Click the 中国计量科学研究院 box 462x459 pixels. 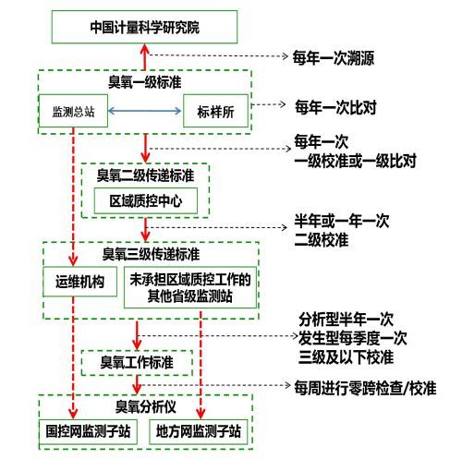pyautogui.click(x=144, y=27)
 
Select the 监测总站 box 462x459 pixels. pyautogui.click(x=73, y=111)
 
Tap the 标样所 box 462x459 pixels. pyautogui.click(x=215, y=111)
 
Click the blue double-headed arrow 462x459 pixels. pyautogui.click(x=144, y=111)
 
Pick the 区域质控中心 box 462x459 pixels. pyautogui.click(x=146, y=201)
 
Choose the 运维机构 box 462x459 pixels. pyautogui.click(x=79, y=282)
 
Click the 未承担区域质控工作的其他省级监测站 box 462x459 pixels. pyautogui.click(x=190, y=287)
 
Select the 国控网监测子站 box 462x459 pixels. pyautogui.click(x=88, y=431)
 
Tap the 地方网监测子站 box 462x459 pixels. pyautogui.click(x=199, y=431)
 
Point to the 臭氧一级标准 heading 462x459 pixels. pyautogui.click(x=144, y=82)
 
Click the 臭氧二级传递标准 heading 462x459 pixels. pyautogui.click(x=145, y=175)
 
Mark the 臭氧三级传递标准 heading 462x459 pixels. pyautogui.click(x=151, y=254)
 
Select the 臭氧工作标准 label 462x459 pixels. pyautogui.click(x=137, y=362)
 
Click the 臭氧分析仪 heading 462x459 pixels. pyautogui.click(x=145, y=406)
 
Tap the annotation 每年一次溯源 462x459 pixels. pyautogui.click(x=334, y=57)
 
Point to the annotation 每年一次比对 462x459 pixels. pyautogui.click(x=335, y=107)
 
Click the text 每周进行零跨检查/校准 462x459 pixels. pyautogui.click(x=365, y=388)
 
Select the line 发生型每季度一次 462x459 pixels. pyautogui.click(x=353, y=338)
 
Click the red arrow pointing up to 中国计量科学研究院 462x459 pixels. pyautogui.click(x=145, y=57)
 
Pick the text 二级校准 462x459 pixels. pyautogui.click(x=322, y=240)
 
